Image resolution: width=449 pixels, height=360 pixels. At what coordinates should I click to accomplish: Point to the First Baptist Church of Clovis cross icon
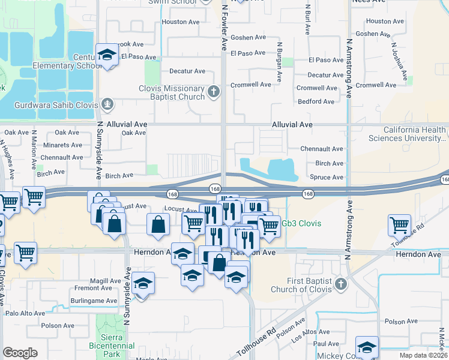[x=341, y=283]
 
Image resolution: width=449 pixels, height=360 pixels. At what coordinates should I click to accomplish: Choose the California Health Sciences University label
[x=414, y=134]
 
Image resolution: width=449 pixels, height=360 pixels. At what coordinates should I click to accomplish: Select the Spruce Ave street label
[x=327, y=177]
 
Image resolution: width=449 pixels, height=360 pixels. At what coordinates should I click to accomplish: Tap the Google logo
[x=20, y=353]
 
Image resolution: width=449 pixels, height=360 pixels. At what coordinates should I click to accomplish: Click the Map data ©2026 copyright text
[x=423, y=355]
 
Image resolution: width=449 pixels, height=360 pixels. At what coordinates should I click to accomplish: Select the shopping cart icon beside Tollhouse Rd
[x=399, y=225]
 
